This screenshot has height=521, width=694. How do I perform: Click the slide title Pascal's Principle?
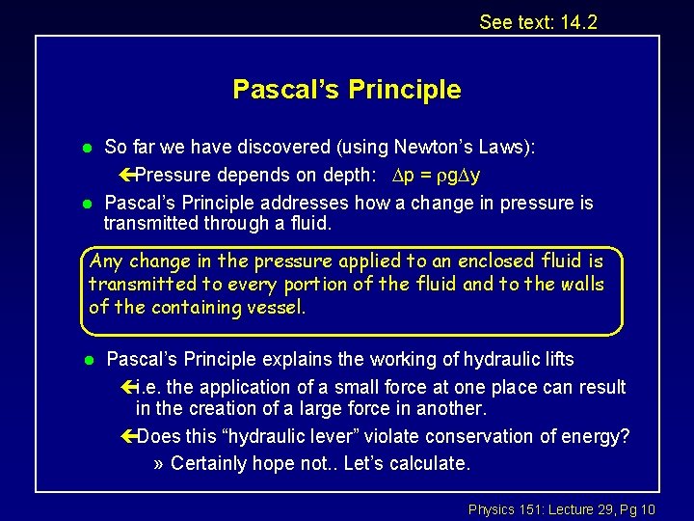346,90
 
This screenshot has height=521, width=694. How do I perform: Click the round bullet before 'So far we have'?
85,148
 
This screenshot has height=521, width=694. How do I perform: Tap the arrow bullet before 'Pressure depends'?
127,175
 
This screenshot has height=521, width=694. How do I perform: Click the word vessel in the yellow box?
277,307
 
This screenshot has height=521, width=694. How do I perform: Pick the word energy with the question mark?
599,436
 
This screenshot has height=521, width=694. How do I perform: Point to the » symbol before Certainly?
160,463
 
